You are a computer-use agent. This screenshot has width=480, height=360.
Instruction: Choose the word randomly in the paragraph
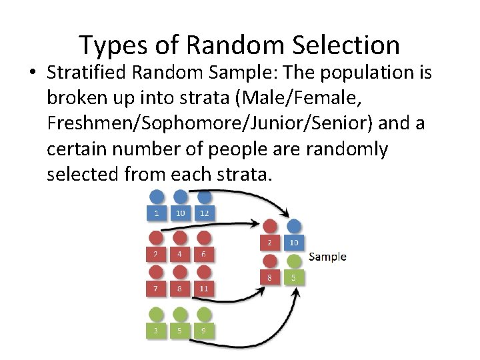(x=347, y=149)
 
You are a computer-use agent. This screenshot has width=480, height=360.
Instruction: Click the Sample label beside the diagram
(x=327, y=257)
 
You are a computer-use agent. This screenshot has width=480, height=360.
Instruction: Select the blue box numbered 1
(x=156, y=213)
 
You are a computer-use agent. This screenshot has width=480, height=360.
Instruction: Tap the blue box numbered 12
(x=204, y=213)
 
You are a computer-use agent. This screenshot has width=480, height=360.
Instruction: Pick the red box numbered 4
(x=180, y=253)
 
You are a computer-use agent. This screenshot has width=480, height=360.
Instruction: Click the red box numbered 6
(x=204, y=253)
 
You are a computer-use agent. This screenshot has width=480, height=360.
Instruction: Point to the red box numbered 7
(x=156, y=288)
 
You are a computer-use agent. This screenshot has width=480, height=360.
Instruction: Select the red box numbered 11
(x=204, y=288)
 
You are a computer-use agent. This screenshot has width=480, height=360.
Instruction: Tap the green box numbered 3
(x=156, y=329)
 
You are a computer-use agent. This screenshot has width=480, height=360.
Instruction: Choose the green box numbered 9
(x=204, y=329)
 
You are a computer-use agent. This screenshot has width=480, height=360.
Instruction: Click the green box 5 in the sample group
(x=293, y=277)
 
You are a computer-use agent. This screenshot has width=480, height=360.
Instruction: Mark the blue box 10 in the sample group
(x=293, y=242)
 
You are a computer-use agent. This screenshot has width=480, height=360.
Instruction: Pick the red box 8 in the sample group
(x=270, y=277)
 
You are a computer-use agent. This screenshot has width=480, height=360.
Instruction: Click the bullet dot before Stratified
(x=33, y=73)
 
